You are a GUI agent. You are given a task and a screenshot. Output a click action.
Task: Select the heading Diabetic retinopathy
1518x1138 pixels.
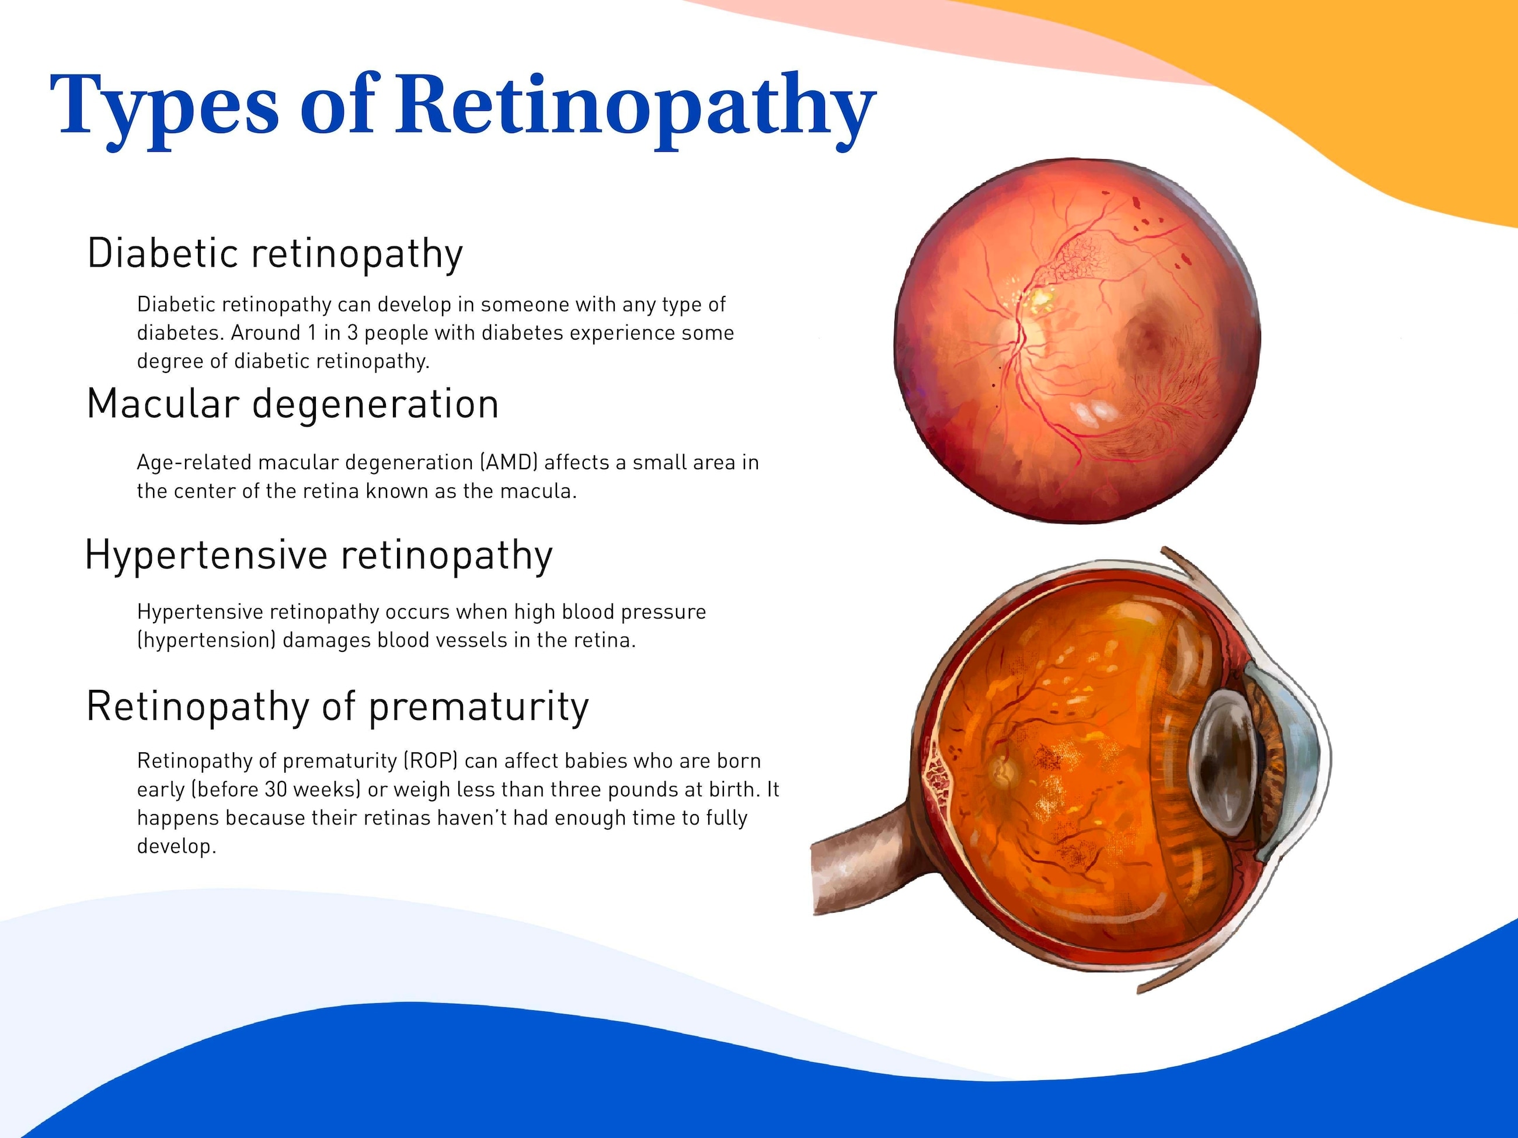275,254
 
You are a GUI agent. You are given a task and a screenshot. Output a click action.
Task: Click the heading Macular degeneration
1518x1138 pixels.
293,404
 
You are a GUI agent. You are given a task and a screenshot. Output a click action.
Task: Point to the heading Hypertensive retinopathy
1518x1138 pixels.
318,555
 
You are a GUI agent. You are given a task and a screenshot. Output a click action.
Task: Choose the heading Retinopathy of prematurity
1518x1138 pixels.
337,707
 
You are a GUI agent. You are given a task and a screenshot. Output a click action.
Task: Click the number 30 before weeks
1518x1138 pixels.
276,790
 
